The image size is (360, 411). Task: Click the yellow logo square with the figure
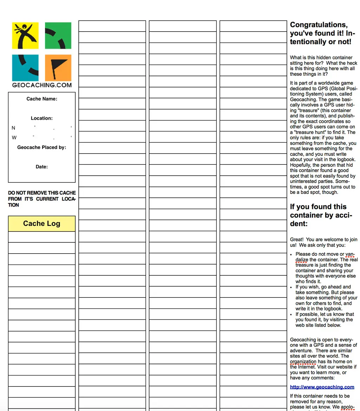click(x=25, y=35)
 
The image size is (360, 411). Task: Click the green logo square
click(x=58, y=35)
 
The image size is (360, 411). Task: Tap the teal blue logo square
click(x=25, y=68)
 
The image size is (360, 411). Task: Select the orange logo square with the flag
click(x=58, y=68)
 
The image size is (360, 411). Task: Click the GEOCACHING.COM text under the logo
click(x=42, y=85)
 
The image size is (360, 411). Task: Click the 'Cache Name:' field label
click(x=42, y=99)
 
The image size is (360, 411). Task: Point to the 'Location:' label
click(x=42, y=118)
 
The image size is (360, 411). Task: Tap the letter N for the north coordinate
click(x=14, y=128)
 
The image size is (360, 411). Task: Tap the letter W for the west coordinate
click(x=14, y=138)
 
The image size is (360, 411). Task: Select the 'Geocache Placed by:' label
click(x=42, y=148)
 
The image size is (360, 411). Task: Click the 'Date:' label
click(x=42, y=167)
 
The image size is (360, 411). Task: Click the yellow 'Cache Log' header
click(x=42, y=224)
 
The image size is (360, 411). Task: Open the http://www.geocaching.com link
click(x=322, y=387)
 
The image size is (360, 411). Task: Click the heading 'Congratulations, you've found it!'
click(x=322, y=33)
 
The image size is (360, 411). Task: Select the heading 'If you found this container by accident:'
click(x=321, y=215)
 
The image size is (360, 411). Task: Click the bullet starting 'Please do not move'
click(x=326, y=268)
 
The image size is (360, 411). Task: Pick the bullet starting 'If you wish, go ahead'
click(x=326, y=298)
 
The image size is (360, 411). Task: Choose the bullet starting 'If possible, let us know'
click(x=324, y=320)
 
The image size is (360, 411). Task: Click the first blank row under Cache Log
click(x=42, y=237)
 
